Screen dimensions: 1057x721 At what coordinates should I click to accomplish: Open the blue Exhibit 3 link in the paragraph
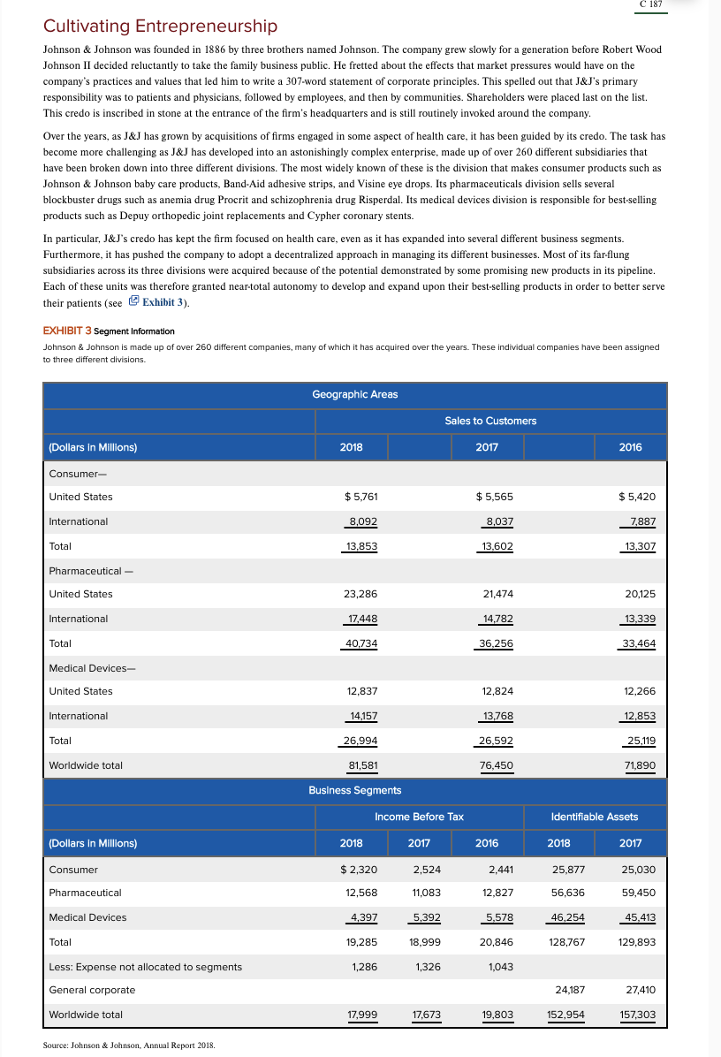(x=164, y=302)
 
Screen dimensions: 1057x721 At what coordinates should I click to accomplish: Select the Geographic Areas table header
(x=354, y=394)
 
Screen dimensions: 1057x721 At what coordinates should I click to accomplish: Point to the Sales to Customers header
(x=490, y=421)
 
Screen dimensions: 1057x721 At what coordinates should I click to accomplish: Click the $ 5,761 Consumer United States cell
(x=360, y=497)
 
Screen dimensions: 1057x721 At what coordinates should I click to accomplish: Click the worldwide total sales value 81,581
(x=360, y=765)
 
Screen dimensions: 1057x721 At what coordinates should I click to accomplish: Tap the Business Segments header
(x=354, y=790)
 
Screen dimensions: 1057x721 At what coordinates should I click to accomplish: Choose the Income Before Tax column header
(x=419, y=817)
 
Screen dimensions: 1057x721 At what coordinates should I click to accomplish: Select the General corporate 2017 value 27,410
(x=637, y=990)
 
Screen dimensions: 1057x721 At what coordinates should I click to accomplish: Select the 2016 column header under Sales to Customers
(x=630, y=447)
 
